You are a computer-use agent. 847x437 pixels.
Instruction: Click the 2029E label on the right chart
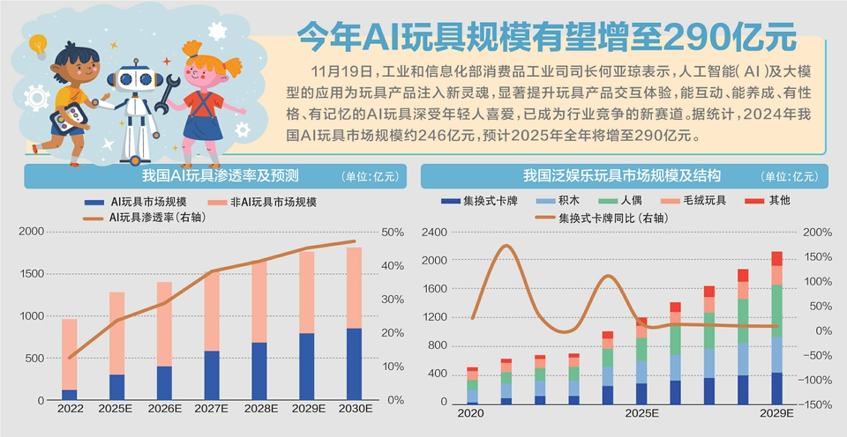pyautogui.click(x=775, y=412)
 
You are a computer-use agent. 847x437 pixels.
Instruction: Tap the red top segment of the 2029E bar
pyautogui.click(x=776, y=258)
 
